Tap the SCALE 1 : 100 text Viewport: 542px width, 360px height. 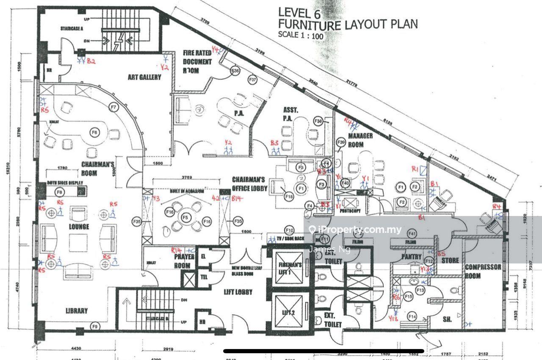301,36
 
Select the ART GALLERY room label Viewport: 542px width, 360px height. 144,77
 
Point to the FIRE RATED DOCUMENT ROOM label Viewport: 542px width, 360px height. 197,61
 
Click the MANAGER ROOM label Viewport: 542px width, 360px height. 360,140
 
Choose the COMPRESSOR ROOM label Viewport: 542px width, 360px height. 483,271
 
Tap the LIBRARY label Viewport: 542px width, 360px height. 77,310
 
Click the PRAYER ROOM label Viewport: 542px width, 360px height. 185,261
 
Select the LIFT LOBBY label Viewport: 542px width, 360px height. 238,292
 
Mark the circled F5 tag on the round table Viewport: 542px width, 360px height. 185,217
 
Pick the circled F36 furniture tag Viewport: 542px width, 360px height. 235,71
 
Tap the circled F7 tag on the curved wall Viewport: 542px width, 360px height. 113,107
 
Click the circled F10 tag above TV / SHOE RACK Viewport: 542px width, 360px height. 289,230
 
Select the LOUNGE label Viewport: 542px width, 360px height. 79,227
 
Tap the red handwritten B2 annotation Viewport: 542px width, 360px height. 91,61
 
